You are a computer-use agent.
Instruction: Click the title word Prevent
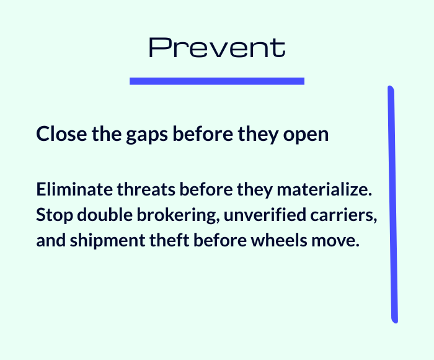[217, 48]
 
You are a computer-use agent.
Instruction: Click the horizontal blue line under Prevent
[217, 81]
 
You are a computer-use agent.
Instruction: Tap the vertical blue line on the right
[392, 205]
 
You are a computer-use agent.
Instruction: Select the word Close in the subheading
[61, 133]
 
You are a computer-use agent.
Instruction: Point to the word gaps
[147, 135]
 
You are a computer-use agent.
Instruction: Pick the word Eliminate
[74, 189]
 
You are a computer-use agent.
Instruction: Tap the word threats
[146, 189]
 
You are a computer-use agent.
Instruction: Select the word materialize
[324, 189]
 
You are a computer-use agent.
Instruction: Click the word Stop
[55, 215]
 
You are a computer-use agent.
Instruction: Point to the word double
[105, 215]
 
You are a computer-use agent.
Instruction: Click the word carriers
[343, 215]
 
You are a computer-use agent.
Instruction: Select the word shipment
[107, 241]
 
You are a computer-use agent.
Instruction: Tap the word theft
[169, 240]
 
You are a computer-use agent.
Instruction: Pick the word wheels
[279, 240]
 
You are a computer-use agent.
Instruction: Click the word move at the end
[335, 241]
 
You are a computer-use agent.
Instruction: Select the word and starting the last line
[51, 240]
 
